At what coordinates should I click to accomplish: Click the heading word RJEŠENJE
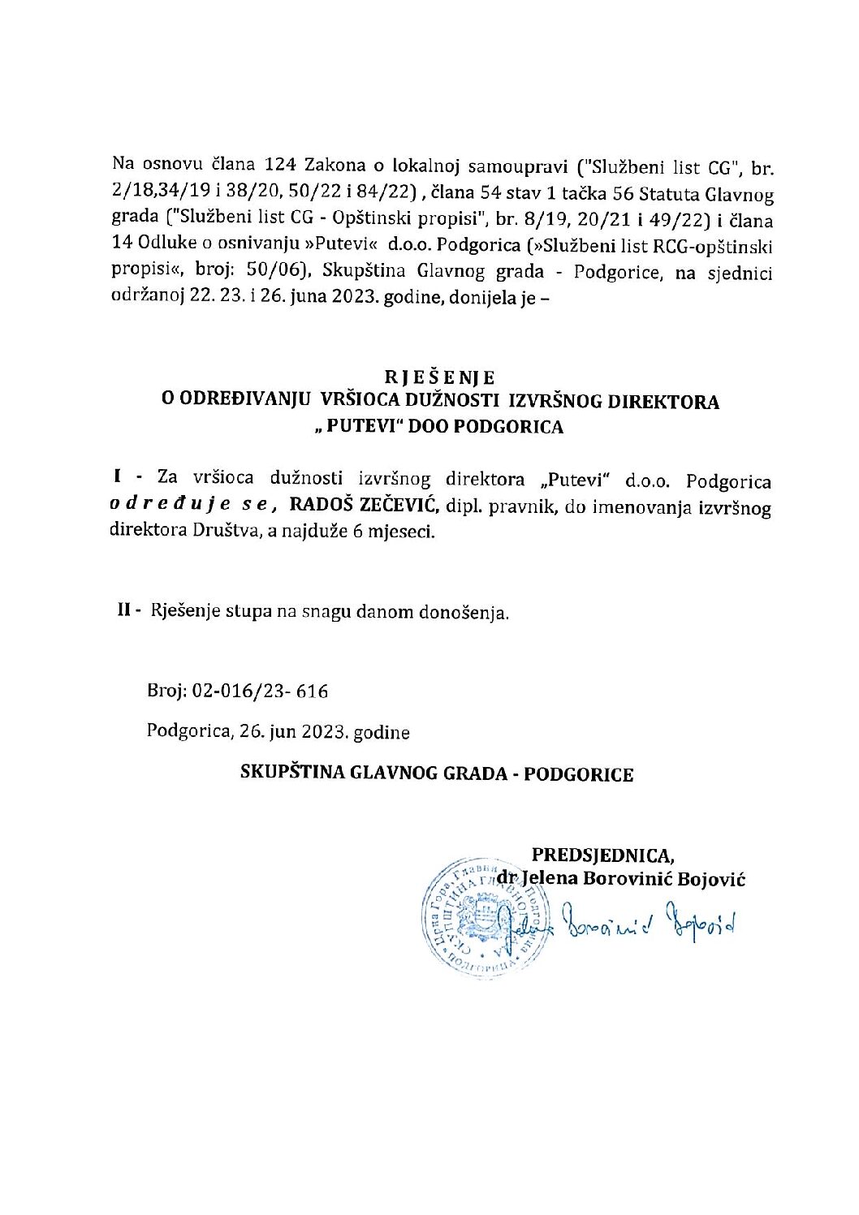[440, 377]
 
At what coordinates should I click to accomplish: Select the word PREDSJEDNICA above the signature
[602, 855]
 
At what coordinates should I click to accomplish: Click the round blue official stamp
[471, 919]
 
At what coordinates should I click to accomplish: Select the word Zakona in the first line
[336, 166]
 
